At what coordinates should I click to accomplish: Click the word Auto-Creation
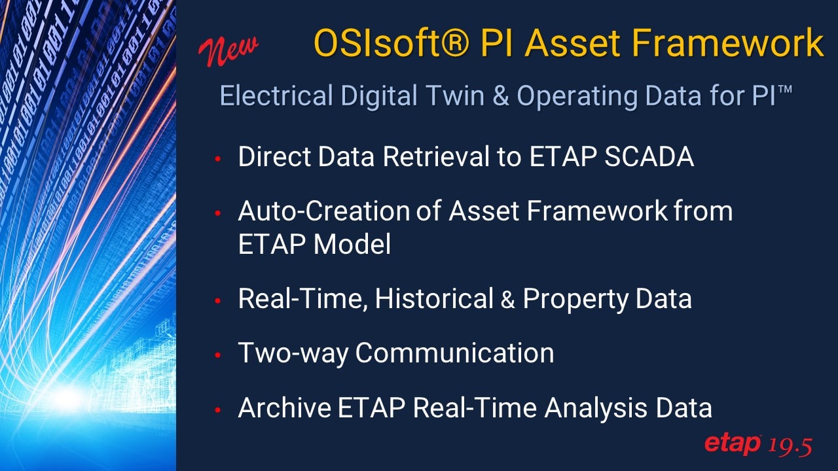325,211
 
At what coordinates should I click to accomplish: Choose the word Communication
455,353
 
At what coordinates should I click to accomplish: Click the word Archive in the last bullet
284,408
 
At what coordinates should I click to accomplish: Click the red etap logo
733,444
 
